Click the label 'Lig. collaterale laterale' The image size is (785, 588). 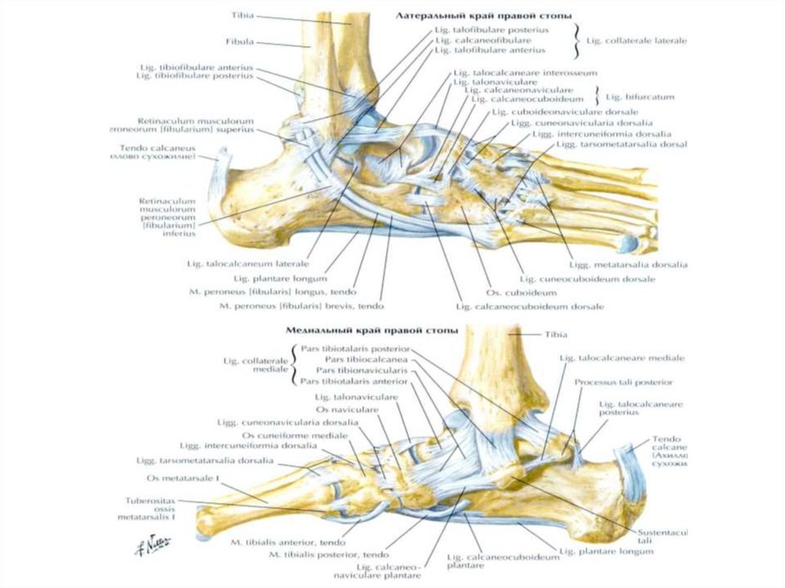point(636,40)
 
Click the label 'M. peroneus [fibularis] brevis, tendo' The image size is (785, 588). point(301,306)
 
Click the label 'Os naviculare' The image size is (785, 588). point(353,410)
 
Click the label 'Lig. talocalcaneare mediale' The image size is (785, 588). point(622,358)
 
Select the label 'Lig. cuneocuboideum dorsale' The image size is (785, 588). point(587,279)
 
